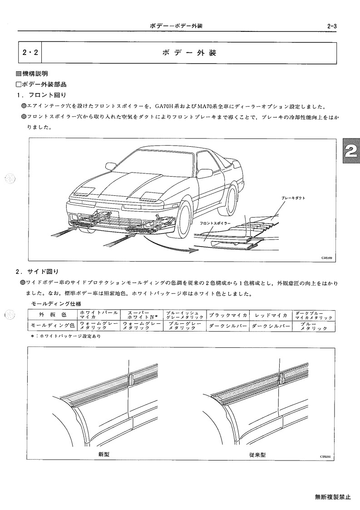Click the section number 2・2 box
pos(30,52)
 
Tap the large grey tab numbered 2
pos(350,152)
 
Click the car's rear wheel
pos(232,201)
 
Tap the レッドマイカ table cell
pos(271,315)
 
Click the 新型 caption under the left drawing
pos(104,455)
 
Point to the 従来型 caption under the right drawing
pos(257,455)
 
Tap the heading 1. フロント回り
pos(41,95)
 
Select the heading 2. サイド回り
pos(37,271)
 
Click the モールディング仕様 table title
pos(54,304)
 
